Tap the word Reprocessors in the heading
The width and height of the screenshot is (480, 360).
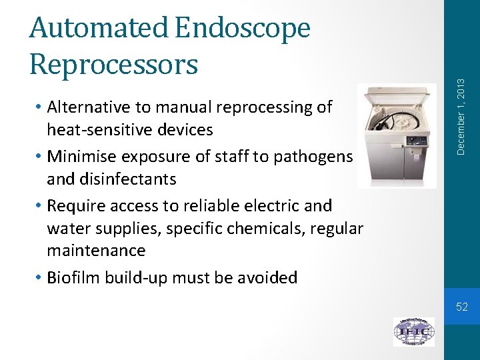point(114,65)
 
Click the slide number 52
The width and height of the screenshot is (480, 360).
point(462,307)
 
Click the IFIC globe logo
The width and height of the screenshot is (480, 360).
point(413,331)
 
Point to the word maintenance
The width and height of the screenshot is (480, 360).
point(96,251)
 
